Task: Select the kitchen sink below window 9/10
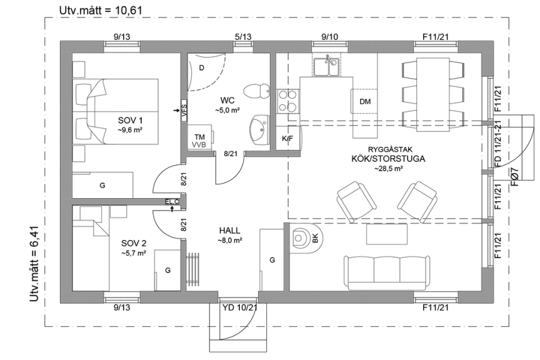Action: pyautogui.click(x=326, y=66)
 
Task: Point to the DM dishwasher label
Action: pyautogui.click(x=365, y=102)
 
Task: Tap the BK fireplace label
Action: pyautogui.click(x=315, y=237)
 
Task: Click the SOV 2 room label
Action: pyautogui.click(x=133, y=243)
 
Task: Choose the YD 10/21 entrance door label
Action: pyautogui.click(x=240, y=307)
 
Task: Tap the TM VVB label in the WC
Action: pyautogui.click(x=200, y=140)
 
